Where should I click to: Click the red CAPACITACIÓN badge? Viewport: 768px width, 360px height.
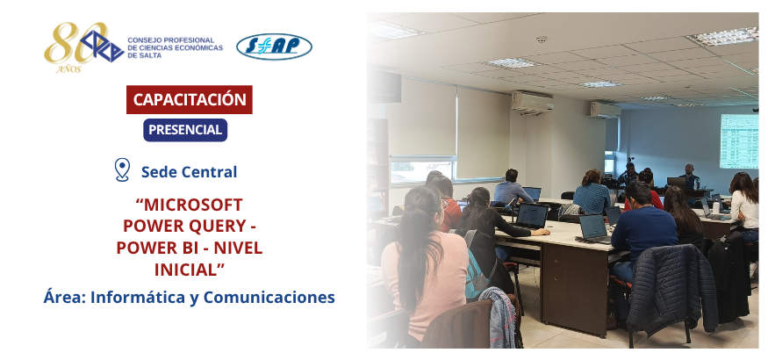click(x=189, y=99)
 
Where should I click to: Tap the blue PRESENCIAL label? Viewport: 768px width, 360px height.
click(x=185, y=130)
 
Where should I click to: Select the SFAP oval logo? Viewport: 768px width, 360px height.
click(x=274, y=47)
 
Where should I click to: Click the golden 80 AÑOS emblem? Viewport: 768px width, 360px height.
click(x=74, y=47)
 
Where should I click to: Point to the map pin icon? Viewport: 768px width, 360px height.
click(x=122, y=170)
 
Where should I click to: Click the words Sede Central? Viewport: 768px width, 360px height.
click(x=189, y=172)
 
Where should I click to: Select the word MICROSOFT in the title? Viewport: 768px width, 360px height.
click(x=189, y=205)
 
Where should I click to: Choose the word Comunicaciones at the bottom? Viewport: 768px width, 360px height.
click(x=269, y=297)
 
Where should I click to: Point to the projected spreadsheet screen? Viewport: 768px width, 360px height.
click(x=739, y=141)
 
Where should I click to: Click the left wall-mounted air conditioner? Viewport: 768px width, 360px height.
click(x=533, y=102)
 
